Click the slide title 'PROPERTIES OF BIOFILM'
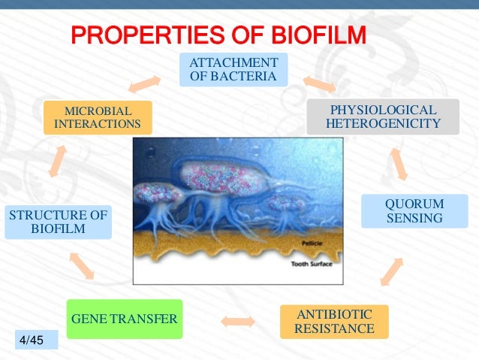(218, 35)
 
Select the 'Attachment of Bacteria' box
(233, 69)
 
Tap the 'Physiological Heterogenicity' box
(383, 116)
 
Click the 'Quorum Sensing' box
(414, 211)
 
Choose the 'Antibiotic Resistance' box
(334, 322)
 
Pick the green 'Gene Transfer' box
(124, 319)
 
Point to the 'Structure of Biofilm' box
(58, 222)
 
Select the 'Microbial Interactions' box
(98, 116)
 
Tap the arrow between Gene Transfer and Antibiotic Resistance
(238, 322)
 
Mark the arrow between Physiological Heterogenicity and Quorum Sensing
(399, 164)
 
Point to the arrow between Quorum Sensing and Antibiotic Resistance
(392, 271)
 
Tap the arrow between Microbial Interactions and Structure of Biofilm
(58, 160)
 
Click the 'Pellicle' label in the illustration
(312, 244)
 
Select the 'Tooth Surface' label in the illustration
(312, 265)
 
